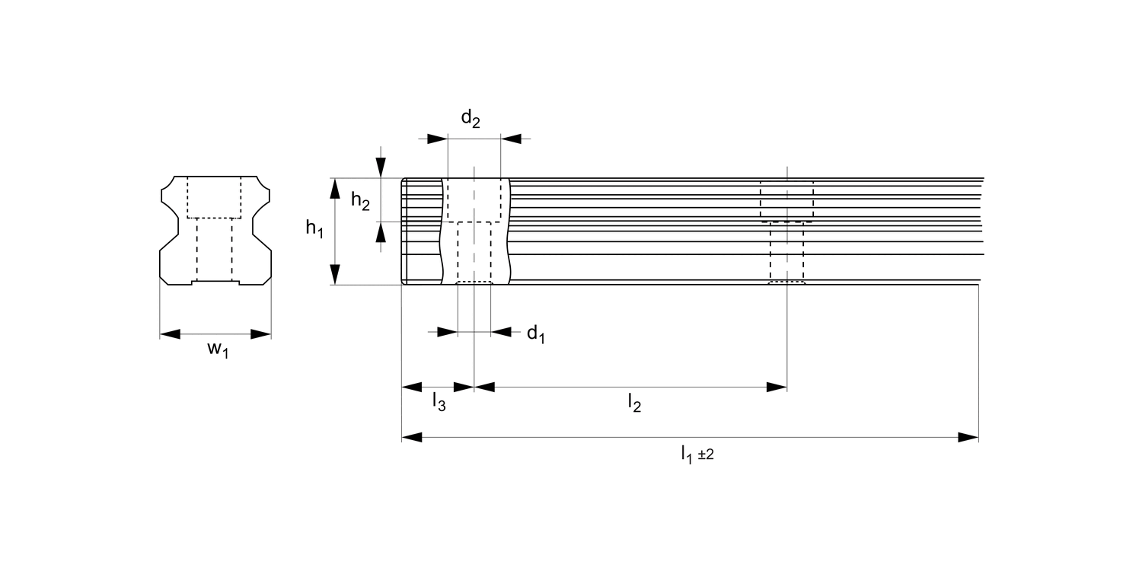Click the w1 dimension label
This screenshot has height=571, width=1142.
[218, 350]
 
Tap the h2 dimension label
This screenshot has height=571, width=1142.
[360, 200]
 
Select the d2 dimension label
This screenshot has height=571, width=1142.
[471, 119]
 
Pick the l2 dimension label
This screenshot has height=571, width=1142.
[634, 403]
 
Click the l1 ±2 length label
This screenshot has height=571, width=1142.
[697, 455]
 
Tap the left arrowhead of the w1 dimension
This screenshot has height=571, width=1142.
[169, 334]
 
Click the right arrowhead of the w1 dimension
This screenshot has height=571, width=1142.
[262, 334]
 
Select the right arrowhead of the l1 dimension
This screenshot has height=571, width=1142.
[968, 437]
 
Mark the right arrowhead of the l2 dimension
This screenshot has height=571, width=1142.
[777, 388]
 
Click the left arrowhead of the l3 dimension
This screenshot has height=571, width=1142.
[411, 388]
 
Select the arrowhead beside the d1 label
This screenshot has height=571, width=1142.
[501, 331]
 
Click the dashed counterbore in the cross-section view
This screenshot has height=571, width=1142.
[214, 196]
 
